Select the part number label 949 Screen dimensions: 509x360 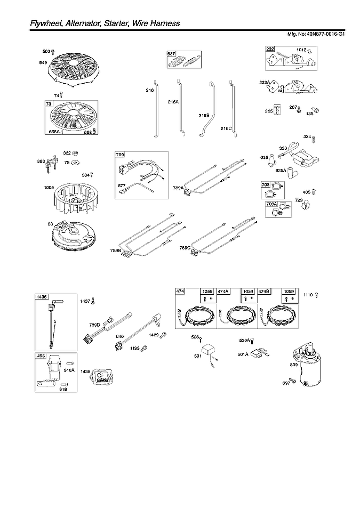pyautogui.click(x=43, y=63)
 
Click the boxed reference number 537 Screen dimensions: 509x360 pyautogui.click(x=171, y=54)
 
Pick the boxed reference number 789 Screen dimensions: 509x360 pyautogui.click(x=120, y=155)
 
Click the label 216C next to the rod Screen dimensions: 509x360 pyautogui.click(x=226, y=128)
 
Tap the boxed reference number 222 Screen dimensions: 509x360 pyautogui.click(x=270, y=49)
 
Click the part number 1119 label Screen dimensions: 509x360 pyautogui.click(x=309, y=295)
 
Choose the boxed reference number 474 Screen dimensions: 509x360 pyautogui.click(x=180, y=291)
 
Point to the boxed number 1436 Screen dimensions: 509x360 pyautogui.click(x=42, y=296)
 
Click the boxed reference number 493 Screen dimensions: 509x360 pyautogui.click(x=41, y=356)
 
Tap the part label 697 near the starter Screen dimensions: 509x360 pyautogui.click(x=286, y=383)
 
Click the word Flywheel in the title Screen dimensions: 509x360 pyautogui.click(x=32, y=23)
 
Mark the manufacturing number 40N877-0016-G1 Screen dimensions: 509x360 pyautogui.click(x=324, y=34)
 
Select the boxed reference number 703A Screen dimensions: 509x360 pyautogui.click(x=271, y=204)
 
